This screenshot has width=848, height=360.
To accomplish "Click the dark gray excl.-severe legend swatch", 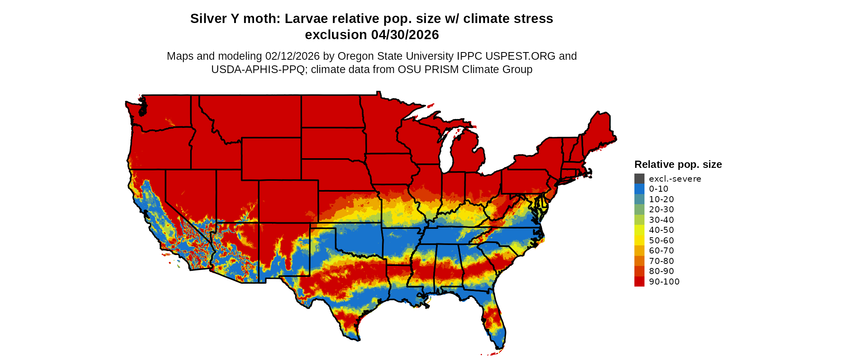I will pos(639,179).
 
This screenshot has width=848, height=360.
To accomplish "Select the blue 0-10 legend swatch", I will pos(639,189).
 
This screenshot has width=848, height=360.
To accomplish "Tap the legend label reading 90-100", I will pos(664,282).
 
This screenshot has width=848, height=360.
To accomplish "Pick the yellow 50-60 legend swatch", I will pos(639,241).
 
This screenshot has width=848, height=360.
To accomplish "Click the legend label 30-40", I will pos(661,220).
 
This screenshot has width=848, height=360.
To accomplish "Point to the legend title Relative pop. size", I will pos(678,165).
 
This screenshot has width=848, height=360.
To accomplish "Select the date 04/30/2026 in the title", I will pos(405,35).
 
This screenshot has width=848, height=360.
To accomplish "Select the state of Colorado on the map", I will pos(288,201).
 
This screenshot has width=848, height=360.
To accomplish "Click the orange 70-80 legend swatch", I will pos(639,261).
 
